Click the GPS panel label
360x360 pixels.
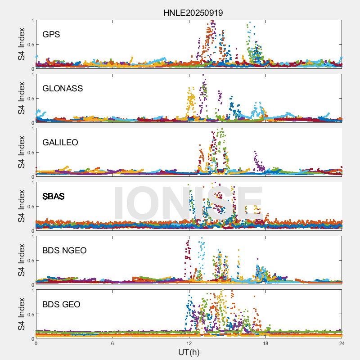51,34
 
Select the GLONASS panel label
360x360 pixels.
63,88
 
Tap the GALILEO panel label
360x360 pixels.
60,142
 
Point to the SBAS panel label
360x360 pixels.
53,196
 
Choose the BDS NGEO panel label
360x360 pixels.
64,250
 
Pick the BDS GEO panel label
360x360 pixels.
61,304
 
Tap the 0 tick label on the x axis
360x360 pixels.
36,343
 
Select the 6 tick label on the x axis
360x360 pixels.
112,343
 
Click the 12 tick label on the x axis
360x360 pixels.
189,343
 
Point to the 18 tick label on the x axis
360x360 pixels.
265,343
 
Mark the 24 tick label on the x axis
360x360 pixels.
342,343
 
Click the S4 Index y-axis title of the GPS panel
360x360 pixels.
21,44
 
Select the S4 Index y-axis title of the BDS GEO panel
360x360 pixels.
21,314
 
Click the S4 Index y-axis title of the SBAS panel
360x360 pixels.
21,206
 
